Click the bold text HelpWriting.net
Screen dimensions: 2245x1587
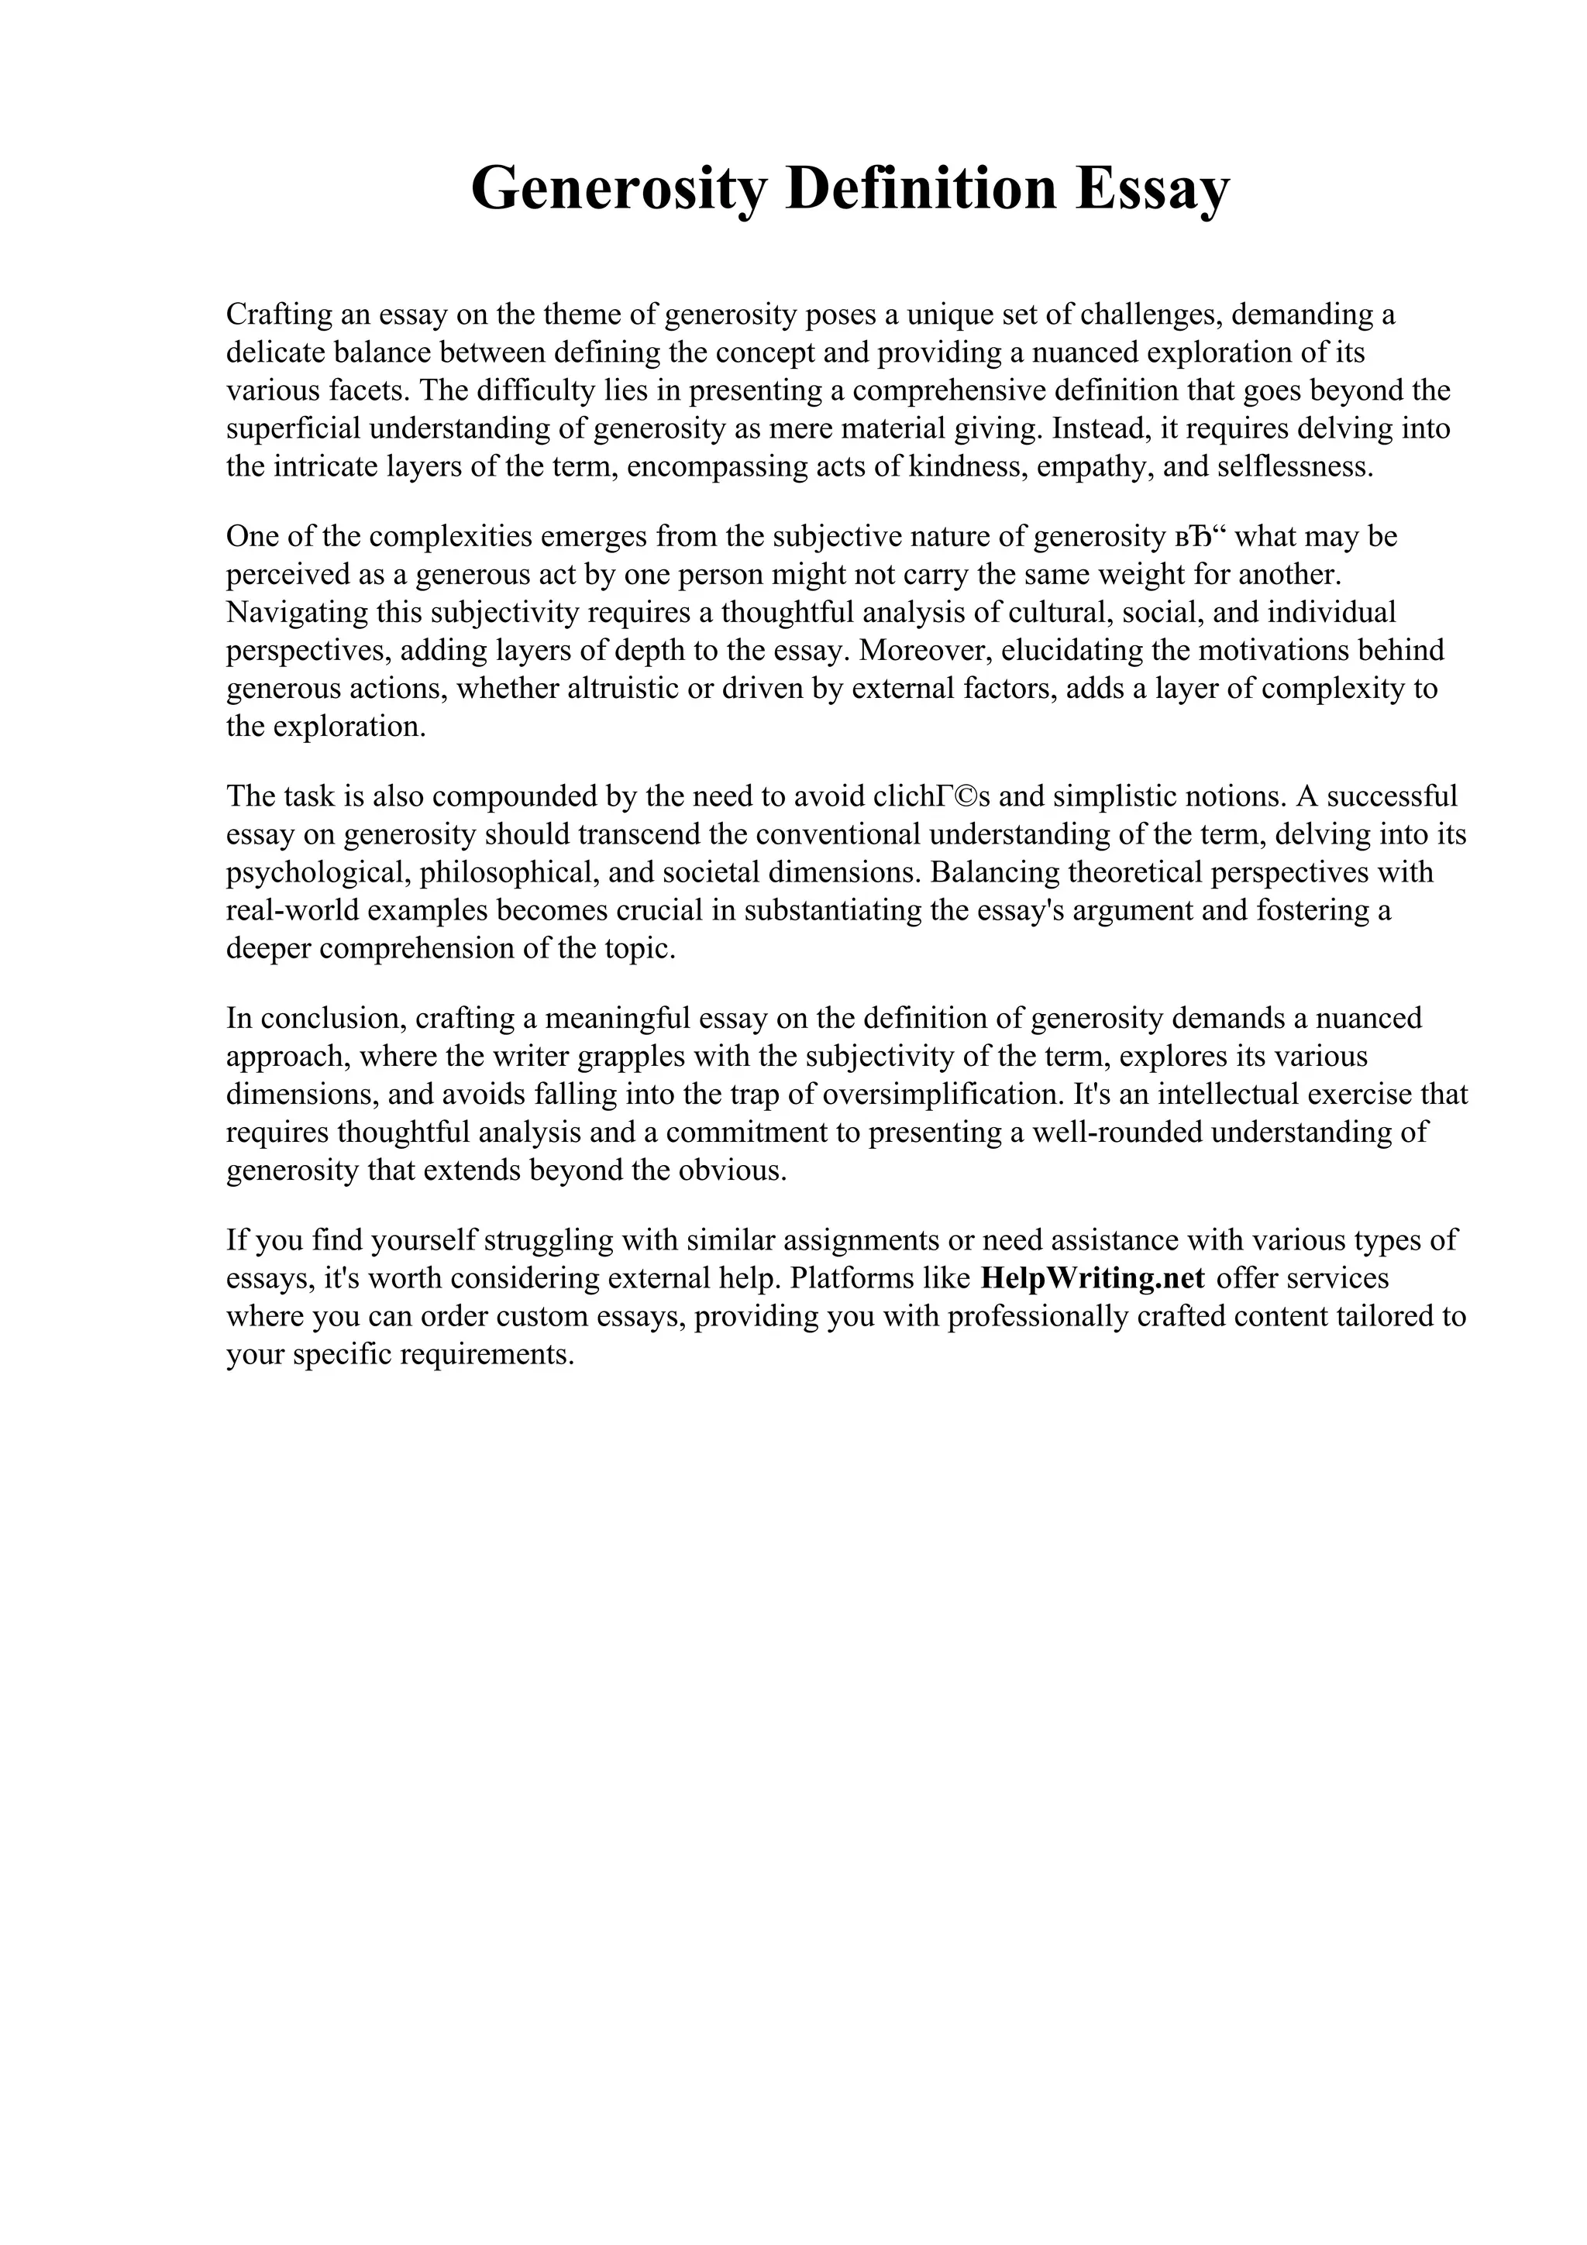tap(1092, 1278)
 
